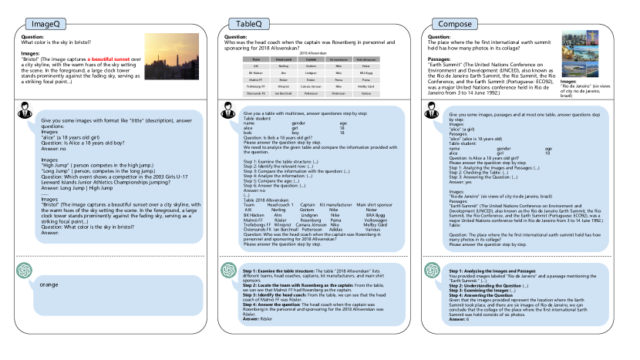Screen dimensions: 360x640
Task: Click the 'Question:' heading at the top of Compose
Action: click(x=438, y=36)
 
